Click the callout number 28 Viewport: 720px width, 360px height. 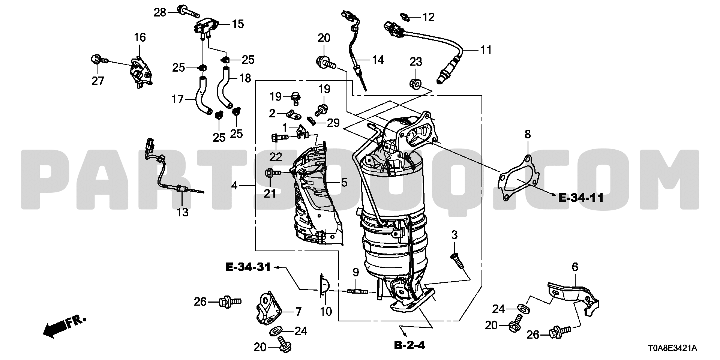[x=160, y=12]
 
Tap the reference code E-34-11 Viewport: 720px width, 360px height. [x=581, y=198]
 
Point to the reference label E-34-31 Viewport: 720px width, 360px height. [x=247, y=267]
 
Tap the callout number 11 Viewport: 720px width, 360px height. [x=486, y=50]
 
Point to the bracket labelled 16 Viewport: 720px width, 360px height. [x=140, y=73]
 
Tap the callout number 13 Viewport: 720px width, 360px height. [x=182, y=212]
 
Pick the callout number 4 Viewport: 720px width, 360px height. [x=234, y=185]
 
